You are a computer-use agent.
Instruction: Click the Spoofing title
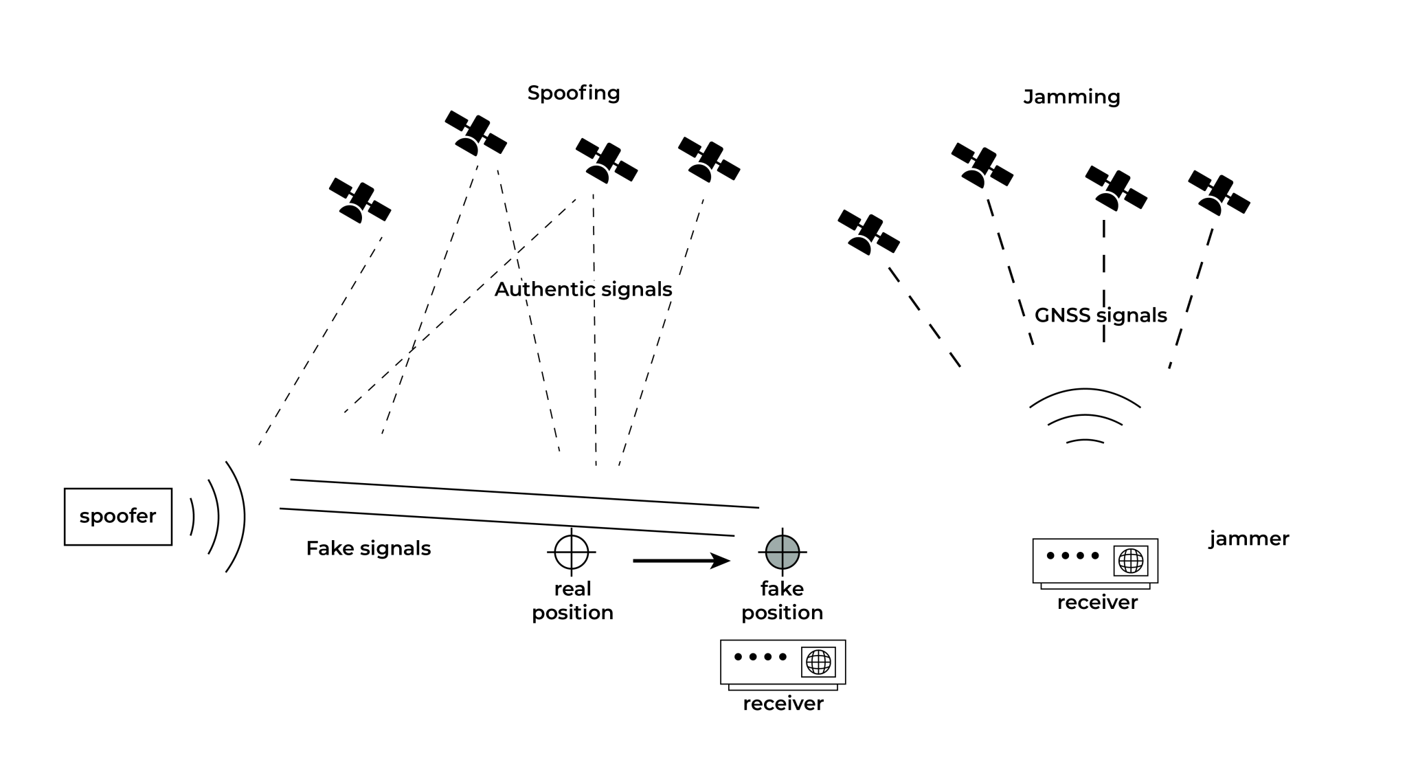click(x=574, y=93)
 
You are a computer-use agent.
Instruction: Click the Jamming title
click(x=1072, y=97)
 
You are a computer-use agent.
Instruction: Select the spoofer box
click(x=118, y=517)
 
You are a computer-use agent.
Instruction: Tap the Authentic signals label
click(x=583, y=289)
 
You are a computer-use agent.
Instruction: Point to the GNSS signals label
click(x=1101, y=315)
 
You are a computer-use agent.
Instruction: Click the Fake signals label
click(x=368, y=548)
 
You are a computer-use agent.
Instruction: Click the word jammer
click(x=1249, y=539)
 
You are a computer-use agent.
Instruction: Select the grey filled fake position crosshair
click(x=783, y=552)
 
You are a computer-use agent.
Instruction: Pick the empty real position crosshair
click(x=572, y=552)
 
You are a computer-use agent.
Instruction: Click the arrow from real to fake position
click(x=680, y=561)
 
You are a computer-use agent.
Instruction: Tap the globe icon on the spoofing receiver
click(x=818, y=662)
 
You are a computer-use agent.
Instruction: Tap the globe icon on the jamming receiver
click(x=1131, y=561)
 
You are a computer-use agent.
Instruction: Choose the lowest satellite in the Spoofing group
click(x=360, y=201)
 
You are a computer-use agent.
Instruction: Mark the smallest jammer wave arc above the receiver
click(x=1085, y=441)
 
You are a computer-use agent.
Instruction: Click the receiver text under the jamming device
click(x=1097, y=603)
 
